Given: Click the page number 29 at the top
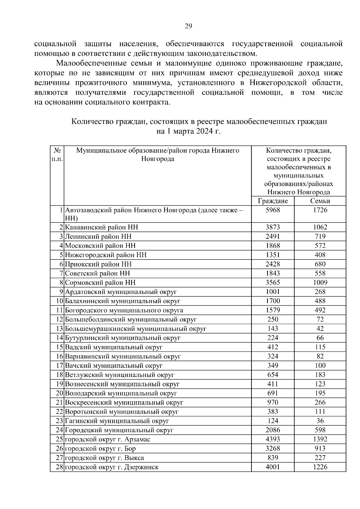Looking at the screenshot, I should point(188,26).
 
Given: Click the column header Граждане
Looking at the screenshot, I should point(273,201).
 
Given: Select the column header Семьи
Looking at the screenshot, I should point(320,201).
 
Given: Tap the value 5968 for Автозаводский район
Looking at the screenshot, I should point(273,210).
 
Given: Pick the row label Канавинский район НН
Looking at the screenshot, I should point(101,227).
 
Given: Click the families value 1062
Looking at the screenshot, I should point(320,227).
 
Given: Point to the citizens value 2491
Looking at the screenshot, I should point(273,236).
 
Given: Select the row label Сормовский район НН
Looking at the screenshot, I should point(100,283).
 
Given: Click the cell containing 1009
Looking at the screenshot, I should point(320,283).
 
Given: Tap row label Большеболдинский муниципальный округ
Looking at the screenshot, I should point(131,319).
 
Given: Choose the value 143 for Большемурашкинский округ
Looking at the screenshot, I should point(273,329).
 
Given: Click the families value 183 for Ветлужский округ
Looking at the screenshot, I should point(320,375).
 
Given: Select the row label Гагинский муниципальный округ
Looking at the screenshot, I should point(117,421).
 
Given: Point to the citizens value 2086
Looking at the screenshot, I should point(273,430).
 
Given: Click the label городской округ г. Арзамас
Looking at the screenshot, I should point(107,439).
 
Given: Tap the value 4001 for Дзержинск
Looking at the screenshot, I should point(273,467).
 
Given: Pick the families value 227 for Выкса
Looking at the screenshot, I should point(320,458).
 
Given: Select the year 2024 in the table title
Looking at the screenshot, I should point(204,131).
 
